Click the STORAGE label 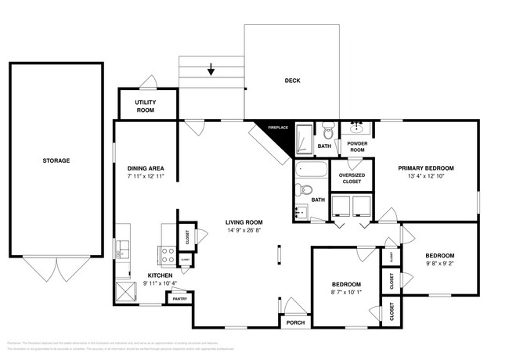pyautogui.click(x=56, y=160)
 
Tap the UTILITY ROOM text pyautogui.click(x=145, y=106)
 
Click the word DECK pyautogui.click(x=292, y=81)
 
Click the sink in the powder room pyautogui.click(x=358, y=127)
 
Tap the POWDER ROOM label pyautogui.click(x=357, y=146)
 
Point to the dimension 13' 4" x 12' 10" pyautogui.click(x=425, y=177)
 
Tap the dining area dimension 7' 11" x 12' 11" pyautogui.click(x=145, y=177)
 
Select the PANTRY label pyautogui.click(x=179, y=298)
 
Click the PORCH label pyautogui.click(x=295, y=322)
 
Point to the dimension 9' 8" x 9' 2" pyautogui.click(x=439, y=265)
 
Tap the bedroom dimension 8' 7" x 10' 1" pyautogui.click(x=345, y=292)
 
